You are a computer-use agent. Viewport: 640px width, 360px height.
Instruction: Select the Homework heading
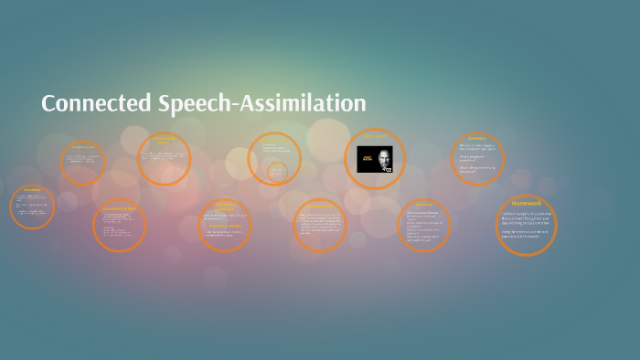(x=527, y=203)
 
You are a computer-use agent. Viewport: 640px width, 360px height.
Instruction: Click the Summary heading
(x=477, y=138)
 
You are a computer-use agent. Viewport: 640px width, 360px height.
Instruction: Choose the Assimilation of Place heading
(x=119, y=208)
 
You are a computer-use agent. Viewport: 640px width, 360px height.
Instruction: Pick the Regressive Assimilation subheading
(x=225, y=225)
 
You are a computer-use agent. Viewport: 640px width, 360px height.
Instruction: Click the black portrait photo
(x=375, y=160)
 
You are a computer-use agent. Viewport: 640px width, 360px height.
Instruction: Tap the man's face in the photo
(x=383, y=154)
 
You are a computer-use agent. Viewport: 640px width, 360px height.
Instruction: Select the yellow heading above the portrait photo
(x=375, y=136)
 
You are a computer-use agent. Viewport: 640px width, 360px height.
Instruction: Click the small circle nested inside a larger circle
(x=277, y=171)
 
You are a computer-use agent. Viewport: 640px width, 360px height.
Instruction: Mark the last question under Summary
(x=476, y=169)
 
